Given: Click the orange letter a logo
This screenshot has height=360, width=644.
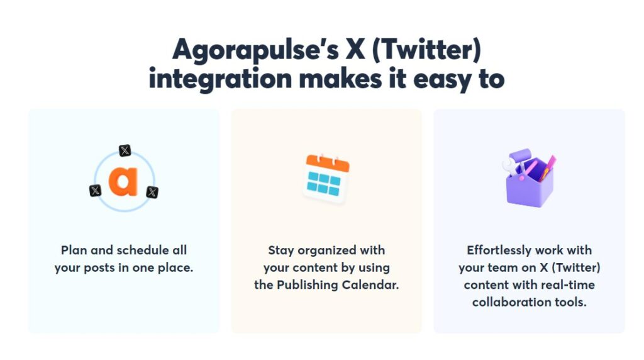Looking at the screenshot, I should (123, 181).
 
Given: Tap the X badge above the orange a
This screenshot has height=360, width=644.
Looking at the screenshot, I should (125, 150).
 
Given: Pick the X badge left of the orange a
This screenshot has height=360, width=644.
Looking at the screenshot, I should (96, 190).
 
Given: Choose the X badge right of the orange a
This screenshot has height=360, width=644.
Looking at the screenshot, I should (152, 192).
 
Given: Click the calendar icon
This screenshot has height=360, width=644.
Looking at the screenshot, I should (326, 179).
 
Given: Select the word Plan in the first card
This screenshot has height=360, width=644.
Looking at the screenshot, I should (74, 250).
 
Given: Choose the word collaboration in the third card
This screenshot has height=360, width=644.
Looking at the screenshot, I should (507, 301).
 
